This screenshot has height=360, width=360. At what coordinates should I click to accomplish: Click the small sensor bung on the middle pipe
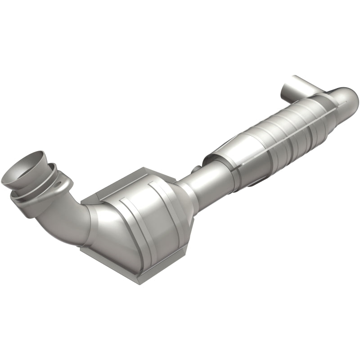point(194,170)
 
